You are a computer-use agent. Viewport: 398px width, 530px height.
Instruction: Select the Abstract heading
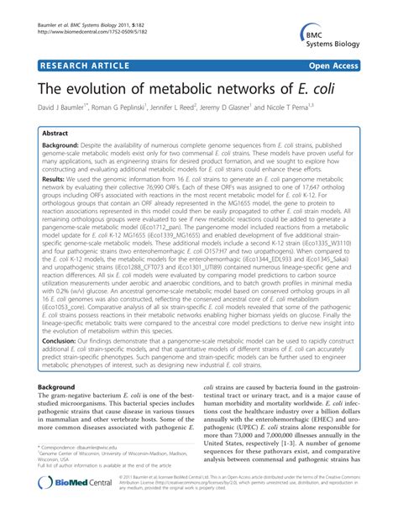[66, 134]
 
